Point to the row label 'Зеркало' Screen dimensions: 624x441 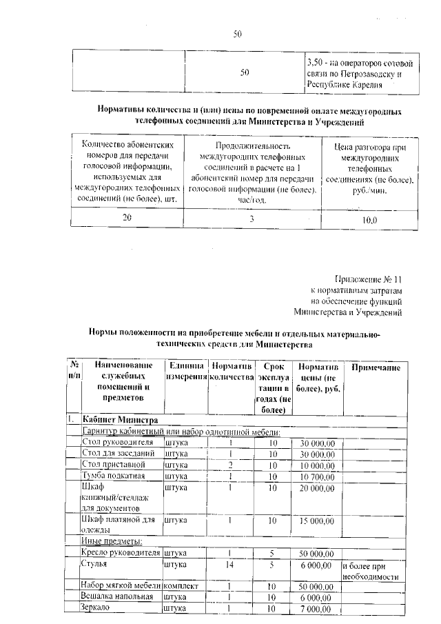point(98,609)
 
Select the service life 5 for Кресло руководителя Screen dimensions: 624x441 point(273,553)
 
